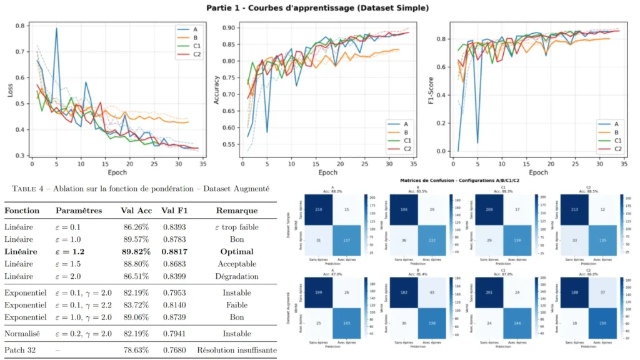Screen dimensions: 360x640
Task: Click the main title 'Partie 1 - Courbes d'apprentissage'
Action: point(319,7)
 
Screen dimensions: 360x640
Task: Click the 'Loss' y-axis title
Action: point(9,91)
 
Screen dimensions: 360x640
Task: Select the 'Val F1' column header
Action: point(173,211)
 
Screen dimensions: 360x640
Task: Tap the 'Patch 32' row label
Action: point(19,350)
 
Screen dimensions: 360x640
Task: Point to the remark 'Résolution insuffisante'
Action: point(237,350)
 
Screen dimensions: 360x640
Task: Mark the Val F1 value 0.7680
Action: point(173,350)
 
